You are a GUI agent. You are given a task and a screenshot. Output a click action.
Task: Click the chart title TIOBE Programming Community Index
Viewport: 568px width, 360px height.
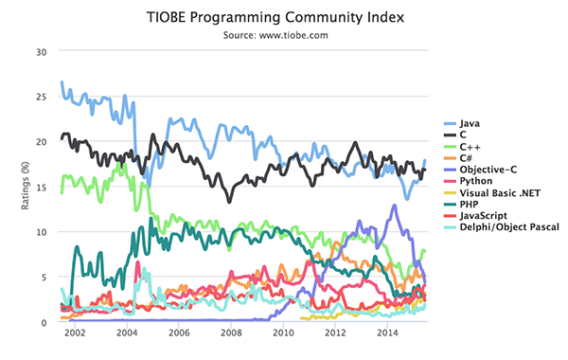(x=283, y=17)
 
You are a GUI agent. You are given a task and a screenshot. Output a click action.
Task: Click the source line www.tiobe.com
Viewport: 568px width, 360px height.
(x=283, y=35)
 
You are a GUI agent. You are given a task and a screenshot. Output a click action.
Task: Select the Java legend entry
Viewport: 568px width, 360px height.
(x=470, y=124)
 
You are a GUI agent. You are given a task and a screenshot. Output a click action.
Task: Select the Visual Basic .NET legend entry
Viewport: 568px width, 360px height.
(x=497, y=192)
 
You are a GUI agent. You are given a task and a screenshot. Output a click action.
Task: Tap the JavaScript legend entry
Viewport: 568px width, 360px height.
(x=483, y=215)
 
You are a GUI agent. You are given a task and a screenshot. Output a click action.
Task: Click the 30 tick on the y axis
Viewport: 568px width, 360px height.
(x=40, y=51)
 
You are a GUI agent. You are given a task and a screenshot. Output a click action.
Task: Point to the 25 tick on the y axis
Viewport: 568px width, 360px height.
(x=40, y=97)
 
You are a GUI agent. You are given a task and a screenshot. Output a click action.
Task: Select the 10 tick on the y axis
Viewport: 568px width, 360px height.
(x=40, y=232)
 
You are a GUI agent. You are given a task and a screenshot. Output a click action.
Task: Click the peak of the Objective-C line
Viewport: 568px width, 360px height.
(x=394, y=206)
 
